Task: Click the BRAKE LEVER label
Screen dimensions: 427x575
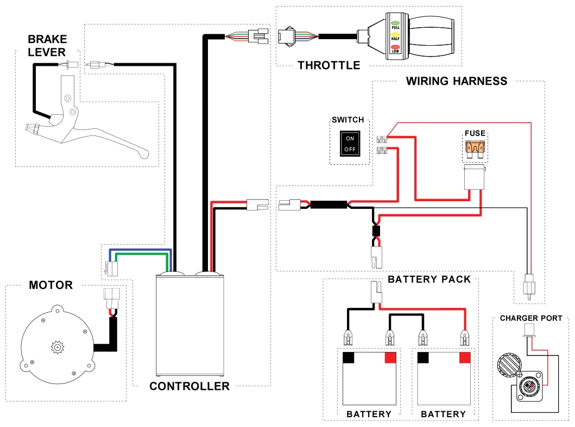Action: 47,46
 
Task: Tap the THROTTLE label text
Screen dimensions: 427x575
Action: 329,65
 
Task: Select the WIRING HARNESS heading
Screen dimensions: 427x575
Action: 457,81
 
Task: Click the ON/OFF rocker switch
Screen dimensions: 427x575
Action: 350,143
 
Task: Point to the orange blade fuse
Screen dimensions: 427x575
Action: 475,147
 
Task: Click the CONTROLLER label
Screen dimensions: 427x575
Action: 189,386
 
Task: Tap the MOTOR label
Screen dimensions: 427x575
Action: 50,285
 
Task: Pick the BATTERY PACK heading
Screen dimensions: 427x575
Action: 429,279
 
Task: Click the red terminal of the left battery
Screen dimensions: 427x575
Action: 390,357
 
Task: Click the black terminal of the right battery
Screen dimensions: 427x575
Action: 424,357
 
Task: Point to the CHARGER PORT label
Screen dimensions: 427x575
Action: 531,318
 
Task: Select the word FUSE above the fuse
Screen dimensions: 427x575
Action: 475,133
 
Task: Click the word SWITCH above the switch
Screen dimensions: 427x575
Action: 347,120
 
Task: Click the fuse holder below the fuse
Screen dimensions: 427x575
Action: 475,178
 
